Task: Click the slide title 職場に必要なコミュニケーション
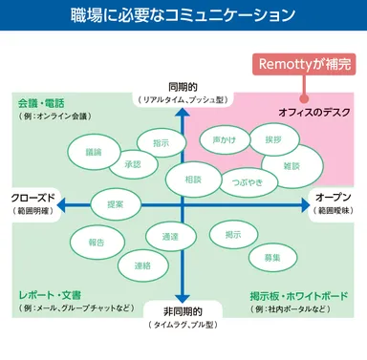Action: [x=183, y=15]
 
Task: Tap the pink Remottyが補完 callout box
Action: [x=304, y=66]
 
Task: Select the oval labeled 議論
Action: [x=93, y=151]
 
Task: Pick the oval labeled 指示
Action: [x=162, y=142]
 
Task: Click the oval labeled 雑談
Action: [x=292, y=165]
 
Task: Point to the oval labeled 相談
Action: [x=194, y=179]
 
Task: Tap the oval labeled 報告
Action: [x=96, y=243]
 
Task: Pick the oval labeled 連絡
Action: [x=141, y=265]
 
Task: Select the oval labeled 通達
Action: [x=171, y=236]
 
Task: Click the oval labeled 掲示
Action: [x=233, y=234]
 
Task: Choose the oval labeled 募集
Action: [x=271, y=258]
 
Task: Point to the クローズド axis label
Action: [x=32, y=198]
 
